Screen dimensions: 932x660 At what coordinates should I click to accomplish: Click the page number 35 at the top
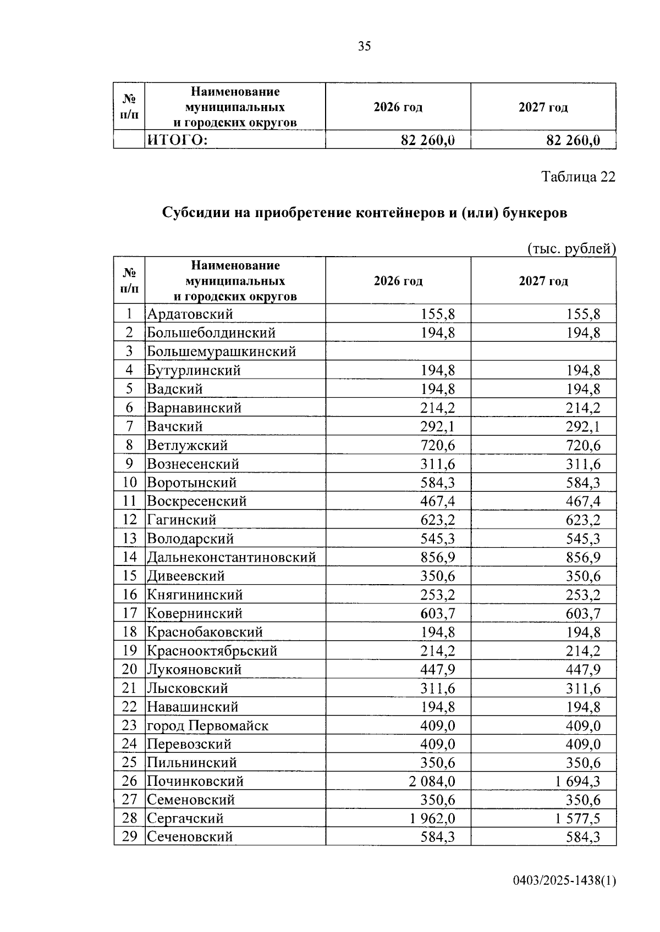[364, 46]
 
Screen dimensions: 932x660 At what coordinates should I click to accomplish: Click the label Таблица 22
[578, 177]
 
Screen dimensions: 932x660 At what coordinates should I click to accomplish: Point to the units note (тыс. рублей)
[571, 249]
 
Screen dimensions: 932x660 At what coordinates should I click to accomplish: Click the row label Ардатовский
[190, 314]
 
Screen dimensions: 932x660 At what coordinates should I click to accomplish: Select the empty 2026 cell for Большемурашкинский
[398, 352]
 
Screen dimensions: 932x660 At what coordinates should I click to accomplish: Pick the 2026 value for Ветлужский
[438, 445]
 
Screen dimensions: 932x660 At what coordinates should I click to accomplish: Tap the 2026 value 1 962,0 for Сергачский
[432, 819]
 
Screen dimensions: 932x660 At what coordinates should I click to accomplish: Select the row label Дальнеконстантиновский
[231, 557]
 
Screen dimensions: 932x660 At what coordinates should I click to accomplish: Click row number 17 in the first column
[129, 613]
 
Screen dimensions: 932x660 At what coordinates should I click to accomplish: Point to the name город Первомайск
[207, 725]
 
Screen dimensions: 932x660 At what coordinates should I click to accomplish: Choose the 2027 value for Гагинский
[583, 520]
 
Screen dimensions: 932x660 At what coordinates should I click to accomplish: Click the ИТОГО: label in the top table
[177, 141]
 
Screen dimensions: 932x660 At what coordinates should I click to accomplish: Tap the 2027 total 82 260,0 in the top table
[573, 141]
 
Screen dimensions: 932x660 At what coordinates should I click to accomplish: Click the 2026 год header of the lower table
[398, 281]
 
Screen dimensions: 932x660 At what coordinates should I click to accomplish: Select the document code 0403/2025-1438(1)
[564, 881]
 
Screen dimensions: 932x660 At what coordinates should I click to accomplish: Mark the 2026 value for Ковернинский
[438, 613]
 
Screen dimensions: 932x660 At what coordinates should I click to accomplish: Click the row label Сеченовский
[190, 837]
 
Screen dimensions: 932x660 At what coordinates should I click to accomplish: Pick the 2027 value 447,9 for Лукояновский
[583, 669]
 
